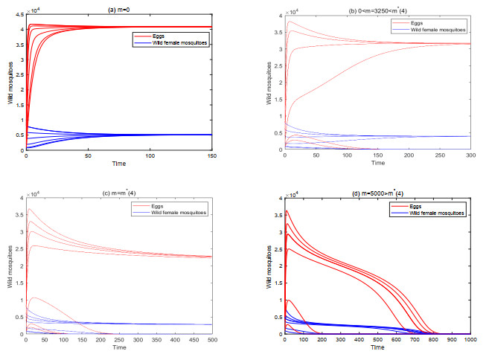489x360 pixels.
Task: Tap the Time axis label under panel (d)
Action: click(x=378, y=347)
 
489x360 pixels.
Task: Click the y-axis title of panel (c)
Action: click(x=10, y=266)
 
